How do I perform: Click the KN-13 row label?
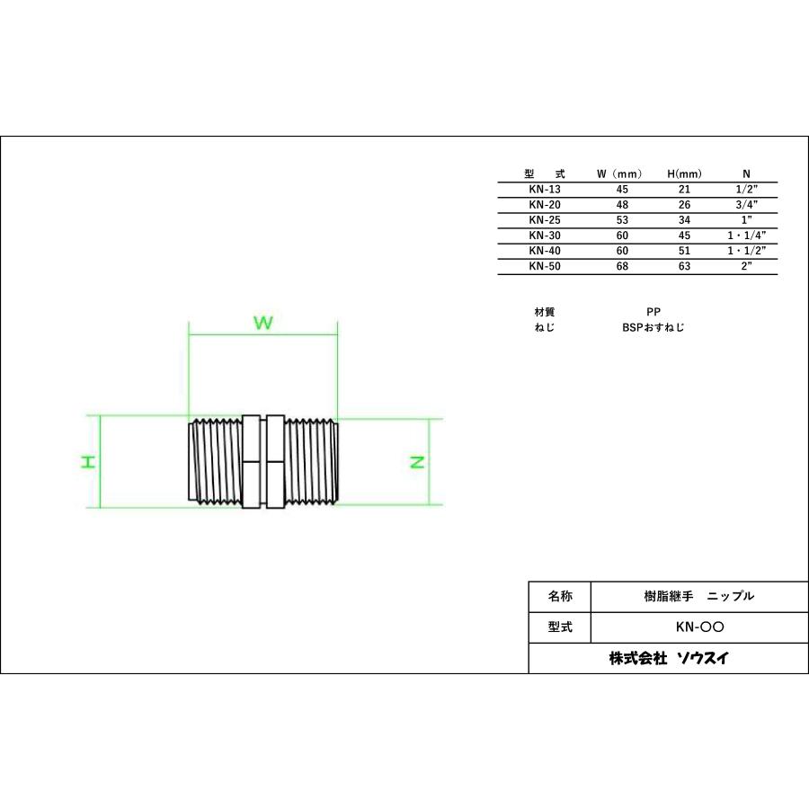[x=543, y=190]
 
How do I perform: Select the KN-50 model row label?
[x=543, y=266]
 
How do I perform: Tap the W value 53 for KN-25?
[x=622, y=220]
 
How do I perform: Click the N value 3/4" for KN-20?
[x=746, y=205]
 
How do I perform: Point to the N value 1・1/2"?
[x=746, y=251]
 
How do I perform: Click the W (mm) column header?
[x=622, y=173]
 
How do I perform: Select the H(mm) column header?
[x=684, y=173]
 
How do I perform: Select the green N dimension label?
[x=417, y=462]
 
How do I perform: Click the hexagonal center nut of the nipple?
[x=262, y=462]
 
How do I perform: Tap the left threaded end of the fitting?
[x=217, y=462]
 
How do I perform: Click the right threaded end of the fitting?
[x=310, y=462]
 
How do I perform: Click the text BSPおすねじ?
[x=653, y=328]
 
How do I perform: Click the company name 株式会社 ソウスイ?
[x=669, y=658]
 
